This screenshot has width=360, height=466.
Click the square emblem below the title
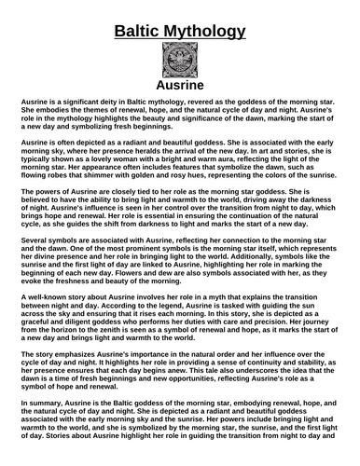[x=180, y=64]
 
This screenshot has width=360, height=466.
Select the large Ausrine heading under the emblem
[x=180, y=90]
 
